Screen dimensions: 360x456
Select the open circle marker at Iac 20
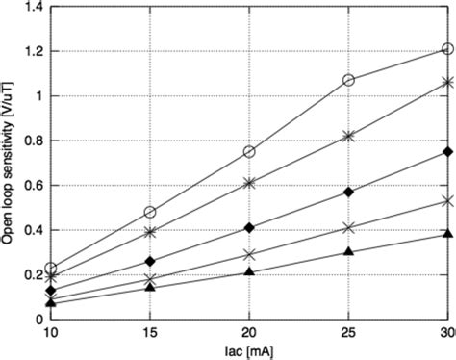249,152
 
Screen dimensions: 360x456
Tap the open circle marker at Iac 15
150,212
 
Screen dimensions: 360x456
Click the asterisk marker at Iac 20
249,183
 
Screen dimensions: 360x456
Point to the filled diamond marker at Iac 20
249,227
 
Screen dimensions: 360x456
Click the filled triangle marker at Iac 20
249,271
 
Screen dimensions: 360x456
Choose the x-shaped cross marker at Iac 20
249,254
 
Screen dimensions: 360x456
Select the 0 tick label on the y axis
38,320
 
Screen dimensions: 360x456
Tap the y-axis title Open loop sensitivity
9,161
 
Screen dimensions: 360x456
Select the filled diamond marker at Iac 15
150,261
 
